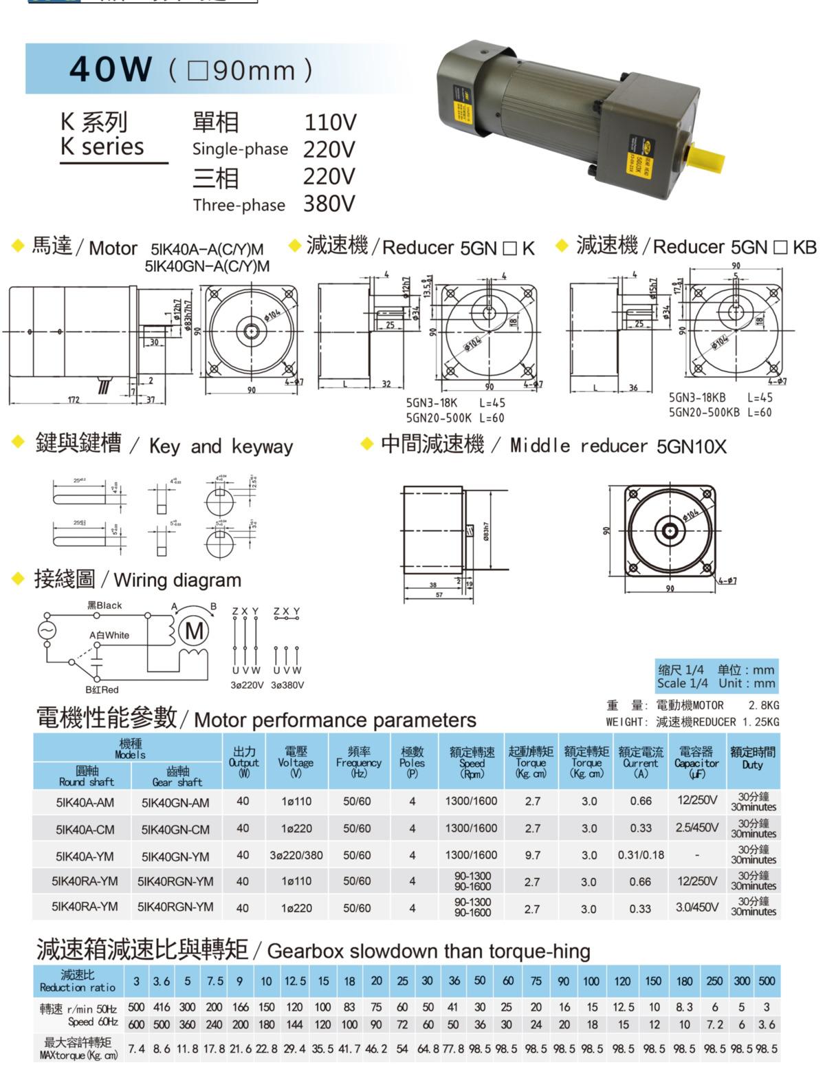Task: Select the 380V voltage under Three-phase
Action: point(329,204)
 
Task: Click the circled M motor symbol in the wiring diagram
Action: point(195,631)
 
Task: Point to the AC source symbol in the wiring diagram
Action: point(47,630)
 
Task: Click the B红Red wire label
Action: point(102,689)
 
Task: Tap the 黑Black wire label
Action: point(104,605)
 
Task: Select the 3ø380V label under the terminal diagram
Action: point(287,685)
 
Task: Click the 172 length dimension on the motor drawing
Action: point(74,400)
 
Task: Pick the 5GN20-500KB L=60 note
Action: point(720,413)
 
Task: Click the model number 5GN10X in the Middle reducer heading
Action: point(691,447)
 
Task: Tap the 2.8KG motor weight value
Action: point(763,706)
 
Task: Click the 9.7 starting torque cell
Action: point(532,855)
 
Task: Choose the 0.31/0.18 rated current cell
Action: point(641,855)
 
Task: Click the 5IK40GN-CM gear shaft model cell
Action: point(176,830)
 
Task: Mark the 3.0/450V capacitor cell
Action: point(697,907)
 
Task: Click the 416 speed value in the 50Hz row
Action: point(162,1007)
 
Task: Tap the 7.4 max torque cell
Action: point(137,1049)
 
